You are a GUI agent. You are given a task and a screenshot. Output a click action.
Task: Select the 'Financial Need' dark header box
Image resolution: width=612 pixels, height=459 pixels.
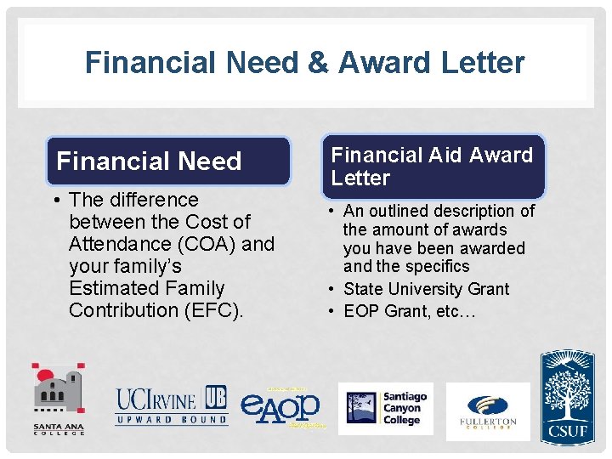point(167,161)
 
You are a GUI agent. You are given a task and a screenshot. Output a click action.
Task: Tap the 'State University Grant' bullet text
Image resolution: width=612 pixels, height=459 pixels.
point(426,289)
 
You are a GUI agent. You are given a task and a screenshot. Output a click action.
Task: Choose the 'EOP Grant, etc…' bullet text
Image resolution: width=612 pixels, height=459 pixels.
point(410,311)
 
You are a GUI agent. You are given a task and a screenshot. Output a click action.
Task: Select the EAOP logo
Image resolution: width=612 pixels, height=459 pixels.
point(281,406)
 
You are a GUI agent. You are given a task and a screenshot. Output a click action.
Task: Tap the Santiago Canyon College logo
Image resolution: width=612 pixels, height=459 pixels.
point(385,408)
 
